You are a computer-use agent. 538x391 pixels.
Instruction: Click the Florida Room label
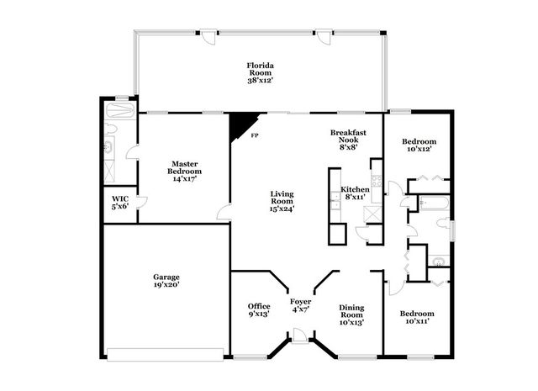point(261,69)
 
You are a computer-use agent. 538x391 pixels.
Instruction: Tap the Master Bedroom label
point(185,167)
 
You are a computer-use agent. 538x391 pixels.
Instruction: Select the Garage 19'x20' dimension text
point(166,284)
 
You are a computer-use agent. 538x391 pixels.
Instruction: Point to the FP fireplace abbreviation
point(254,135)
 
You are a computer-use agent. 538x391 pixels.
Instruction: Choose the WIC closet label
point(120,199)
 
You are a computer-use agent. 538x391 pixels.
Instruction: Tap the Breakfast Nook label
point(348,136)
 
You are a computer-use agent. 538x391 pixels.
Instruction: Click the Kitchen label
point(355,189)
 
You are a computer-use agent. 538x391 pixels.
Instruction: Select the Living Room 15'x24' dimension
point(282,209)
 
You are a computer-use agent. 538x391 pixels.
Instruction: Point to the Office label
point(259,306)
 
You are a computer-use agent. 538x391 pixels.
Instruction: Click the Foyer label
point(301,302)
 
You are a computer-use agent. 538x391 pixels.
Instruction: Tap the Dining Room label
point(351,311)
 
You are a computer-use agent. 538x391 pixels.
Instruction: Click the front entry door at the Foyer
point(299,336)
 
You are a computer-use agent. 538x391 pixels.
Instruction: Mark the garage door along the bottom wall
point(166,355)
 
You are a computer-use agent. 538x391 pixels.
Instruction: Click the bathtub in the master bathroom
point(119,110)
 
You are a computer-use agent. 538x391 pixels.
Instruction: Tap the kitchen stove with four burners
point(377,181)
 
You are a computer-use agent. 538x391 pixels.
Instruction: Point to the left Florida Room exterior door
point(208,37)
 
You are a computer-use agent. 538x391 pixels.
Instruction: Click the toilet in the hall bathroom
point(443,223)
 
